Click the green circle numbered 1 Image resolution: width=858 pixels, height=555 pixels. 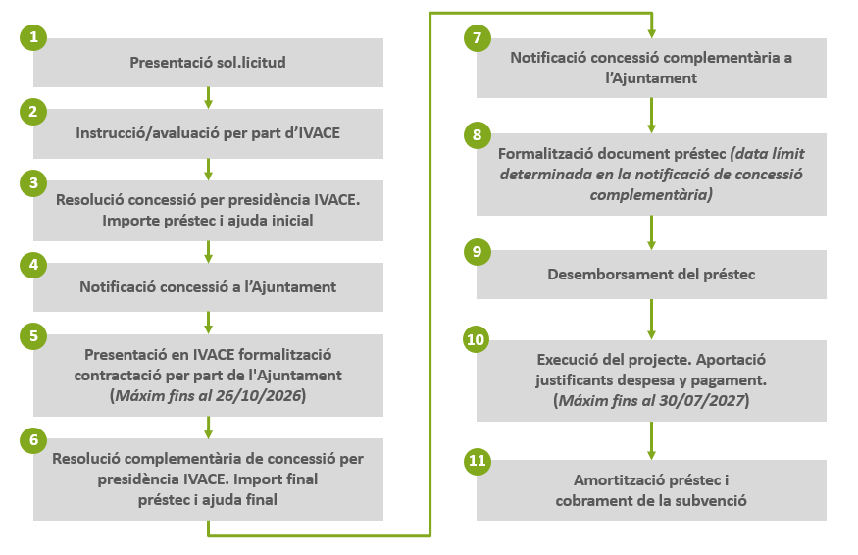click(33, 38)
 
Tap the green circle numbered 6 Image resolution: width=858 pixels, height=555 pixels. click(33, 438)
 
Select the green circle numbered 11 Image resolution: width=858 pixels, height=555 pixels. click(477, 460)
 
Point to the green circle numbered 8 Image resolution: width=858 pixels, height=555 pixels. click(477, 134)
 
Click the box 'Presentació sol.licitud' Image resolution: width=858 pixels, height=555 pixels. click(208, 63)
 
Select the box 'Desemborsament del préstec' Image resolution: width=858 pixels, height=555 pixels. click(651, 274)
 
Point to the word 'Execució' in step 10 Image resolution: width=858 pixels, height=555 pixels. click(566, 359)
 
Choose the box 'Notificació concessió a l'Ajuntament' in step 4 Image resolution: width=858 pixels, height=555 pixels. click(208, 287)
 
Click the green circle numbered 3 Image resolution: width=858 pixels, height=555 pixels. click(33, 182)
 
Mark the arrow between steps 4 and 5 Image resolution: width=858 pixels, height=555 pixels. click(208, 323)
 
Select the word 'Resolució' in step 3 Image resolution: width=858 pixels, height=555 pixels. click(89, 200)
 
